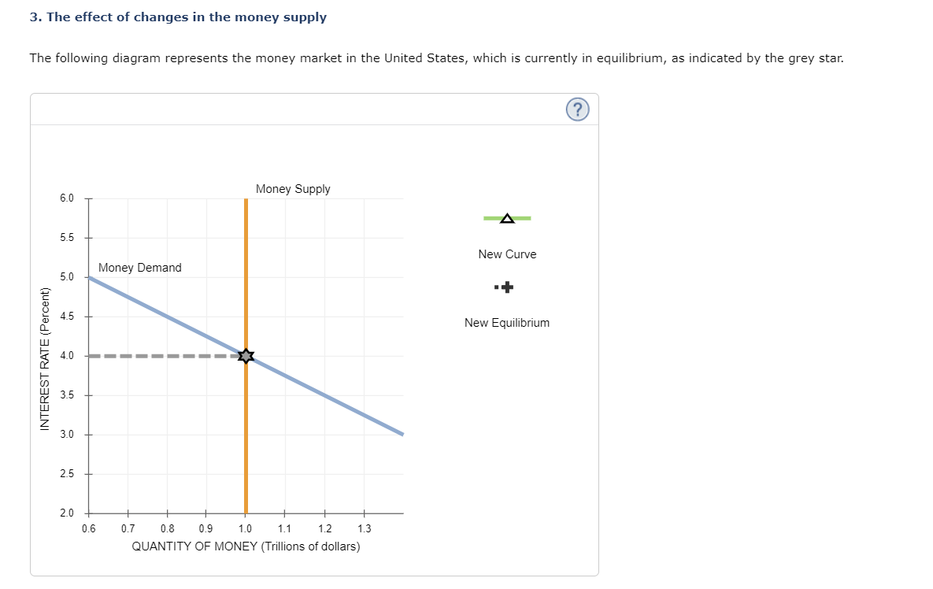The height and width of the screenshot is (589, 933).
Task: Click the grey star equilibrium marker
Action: (246, 356)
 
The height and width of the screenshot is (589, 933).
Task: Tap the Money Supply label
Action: (293, 189)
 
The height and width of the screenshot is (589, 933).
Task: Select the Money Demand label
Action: (139, 268)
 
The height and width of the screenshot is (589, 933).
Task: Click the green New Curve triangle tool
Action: (507, 218)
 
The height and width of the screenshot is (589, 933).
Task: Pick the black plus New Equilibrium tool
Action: (507, 287)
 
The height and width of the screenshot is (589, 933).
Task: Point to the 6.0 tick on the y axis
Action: (67, 198)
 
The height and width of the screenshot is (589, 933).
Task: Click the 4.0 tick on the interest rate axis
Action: (67, 356)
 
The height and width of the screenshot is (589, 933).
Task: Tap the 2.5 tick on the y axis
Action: (67, 474)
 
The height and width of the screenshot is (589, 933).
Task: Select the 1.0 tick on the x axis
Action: (245, 528)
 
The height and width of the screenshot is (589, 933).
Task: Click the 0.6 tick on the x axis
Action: (88, 528)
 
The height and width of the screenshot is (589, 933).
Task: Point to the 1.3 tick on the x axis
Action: (363, 528)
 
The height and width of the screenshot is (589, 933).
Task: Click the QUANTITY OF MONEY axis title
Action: (246, 546)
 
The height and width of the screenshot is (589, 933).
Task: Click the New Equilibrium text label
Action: (507, 323)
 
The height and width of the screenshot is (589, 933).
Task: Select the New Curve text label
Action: (507, 254)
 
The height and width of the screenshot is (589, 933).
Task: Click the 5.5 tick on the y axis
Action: (67, 238)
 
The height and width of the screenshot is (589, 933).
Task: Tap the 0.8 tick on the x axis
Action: (167, 528)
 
